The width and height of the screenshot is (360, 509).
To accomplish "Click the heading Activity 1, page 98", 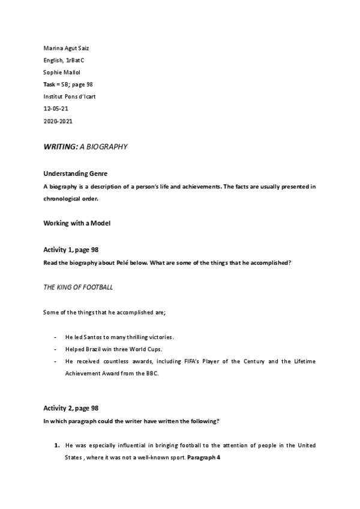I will click(x=71, y=249).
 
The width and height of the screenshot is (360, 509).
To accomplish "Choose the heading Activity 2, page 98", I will click(x=71, y=408).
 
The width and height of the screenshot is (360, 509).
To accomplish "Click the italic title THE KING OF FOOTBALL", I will click(x=78, y=288).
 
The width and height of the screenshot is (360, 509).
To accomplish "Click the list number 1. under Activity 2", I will click(x=56, y=446).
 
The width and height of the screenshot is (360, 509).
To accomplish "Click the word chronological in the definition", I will click(x=63, y=199).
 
